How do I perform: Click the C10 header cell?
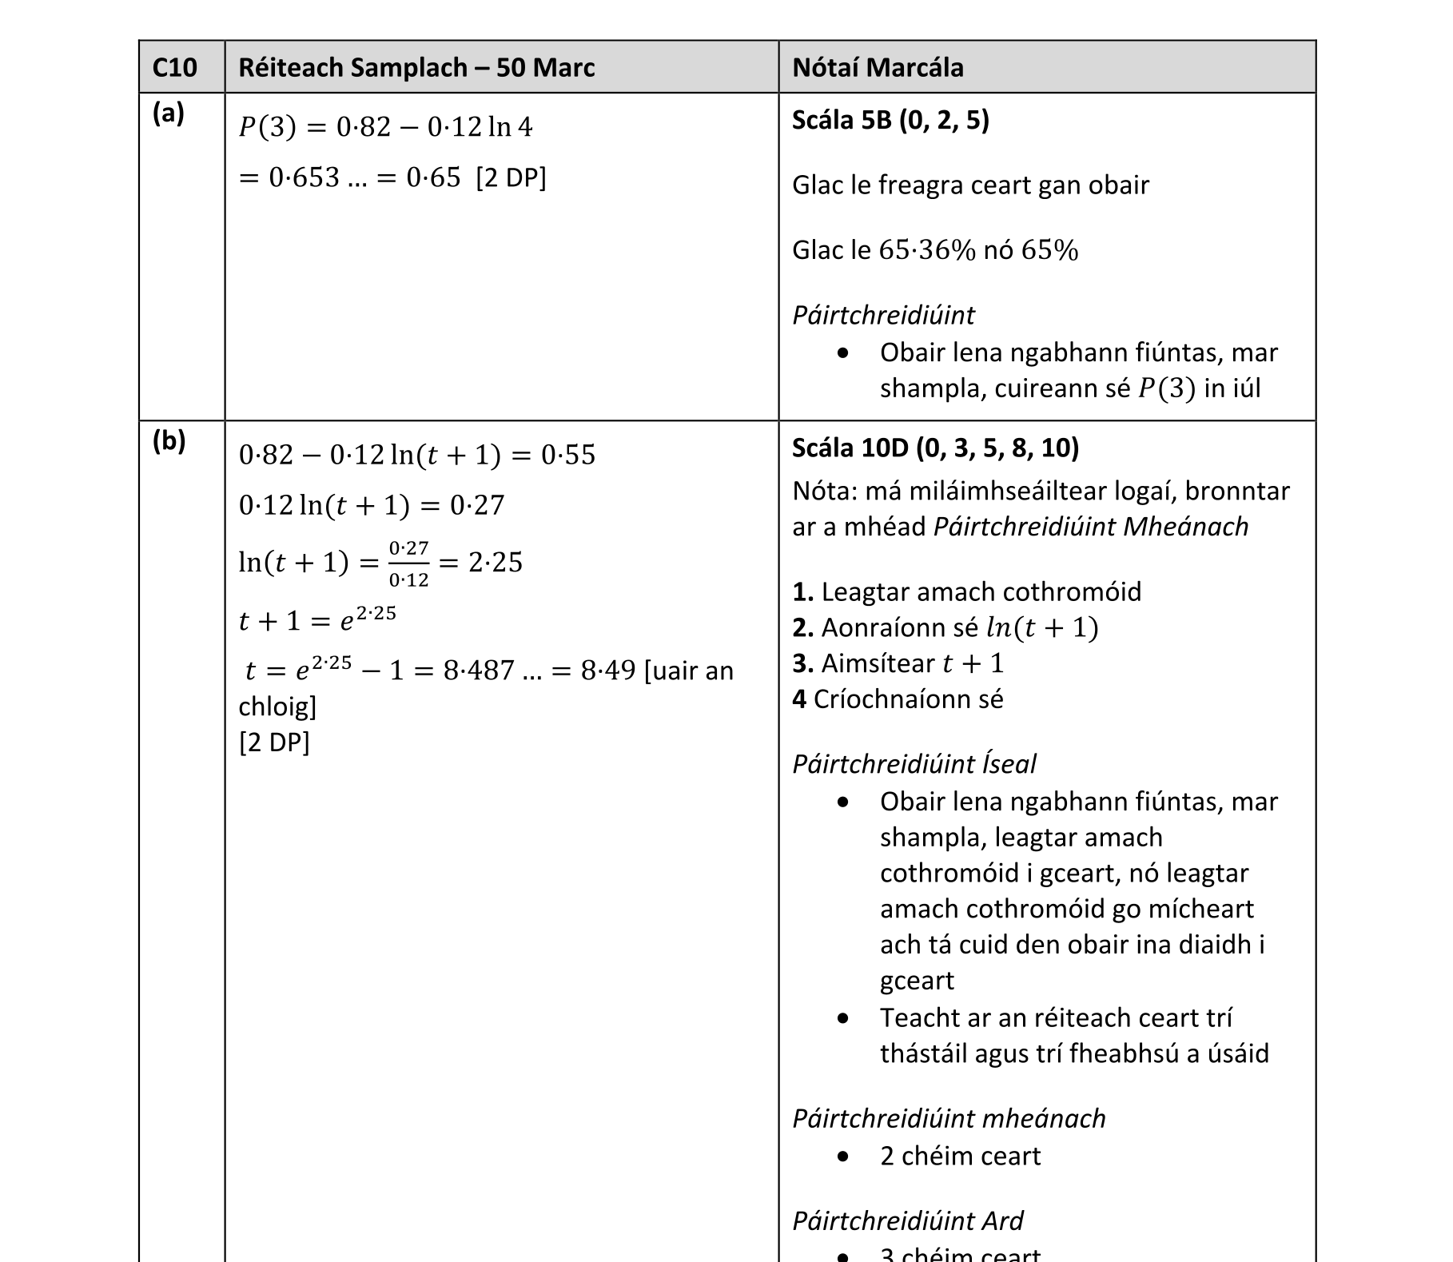[x=174, y=67]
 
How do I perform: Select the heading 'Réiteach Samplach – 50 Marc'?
[x=416, y=67]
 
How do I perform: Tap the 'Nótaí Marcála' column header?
[x=878, y=67]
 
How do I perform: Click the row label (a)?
[x=168, y=113]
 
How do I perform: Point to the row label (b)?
[x=169, y=440]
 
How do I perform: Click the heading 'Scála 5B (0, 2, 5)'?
[x=890, y=120]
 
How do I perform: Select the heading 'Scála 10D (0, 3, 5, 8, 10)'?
[x=935, y=448]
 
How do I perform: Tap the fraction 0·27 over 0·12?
[x=408, y=563]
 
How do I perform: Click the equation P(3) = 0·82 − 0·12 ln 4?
[x=385, y=126]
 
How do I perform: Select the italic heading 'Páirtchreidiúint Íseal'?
[x=914, y=764]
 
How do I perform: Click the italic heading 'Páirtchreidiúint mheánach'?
[x=949, y=1118]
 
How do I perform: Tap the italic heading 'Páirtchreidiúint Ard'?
[x=907, y=1220]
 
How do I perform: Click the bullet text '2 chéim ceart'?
[x=960, y=1156]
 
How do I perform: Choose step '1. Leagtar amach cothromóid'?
[x=966, y=591]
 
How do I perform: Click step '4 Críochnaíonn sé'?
[x=897, y=699]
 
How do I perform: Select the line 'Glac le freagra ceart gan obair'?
[x=970, y=185]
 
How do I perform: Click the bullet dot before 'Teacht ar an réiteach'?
[x=843, y=1018]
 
